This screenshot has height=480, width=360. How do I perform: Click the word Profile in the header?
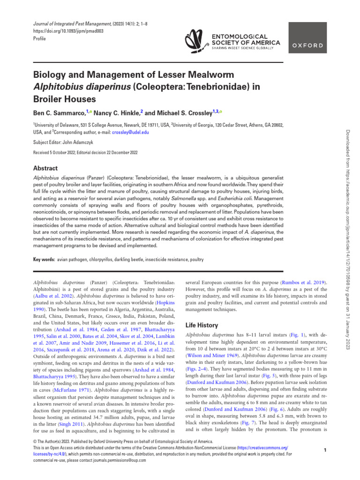click(40, 38)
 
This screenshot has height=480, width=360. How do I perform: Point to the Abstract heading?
click(45, 168)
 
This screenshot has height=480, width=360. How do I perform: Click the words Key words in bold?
click(43, 259)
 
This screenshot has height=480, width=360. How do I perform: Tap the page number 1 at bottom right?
click(325, 450)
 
